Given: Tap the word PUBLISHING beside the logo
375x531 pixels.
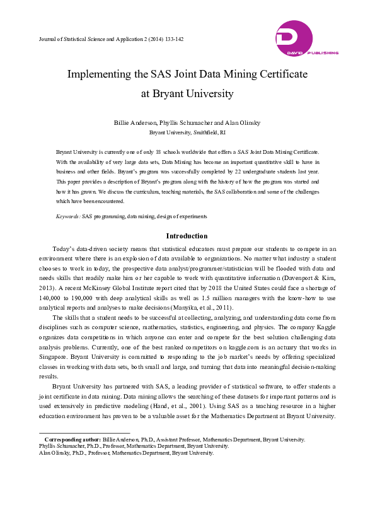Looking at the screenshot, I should [x=325, y=53].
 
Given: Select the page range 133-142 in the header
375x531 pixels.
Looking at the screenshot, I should [x=171, y=39].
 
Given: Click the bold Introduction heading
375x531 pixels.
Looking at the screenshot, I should [x=187, y=236].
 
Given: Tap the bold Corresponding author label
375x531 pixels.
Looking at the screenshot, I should [x=72, y=439].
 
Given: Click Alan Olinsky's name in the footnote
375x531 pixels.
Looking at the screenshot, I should [x=55, y=453].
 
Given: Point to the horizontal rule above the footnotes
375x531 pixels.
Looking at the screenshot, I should [x=84, y=433].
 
